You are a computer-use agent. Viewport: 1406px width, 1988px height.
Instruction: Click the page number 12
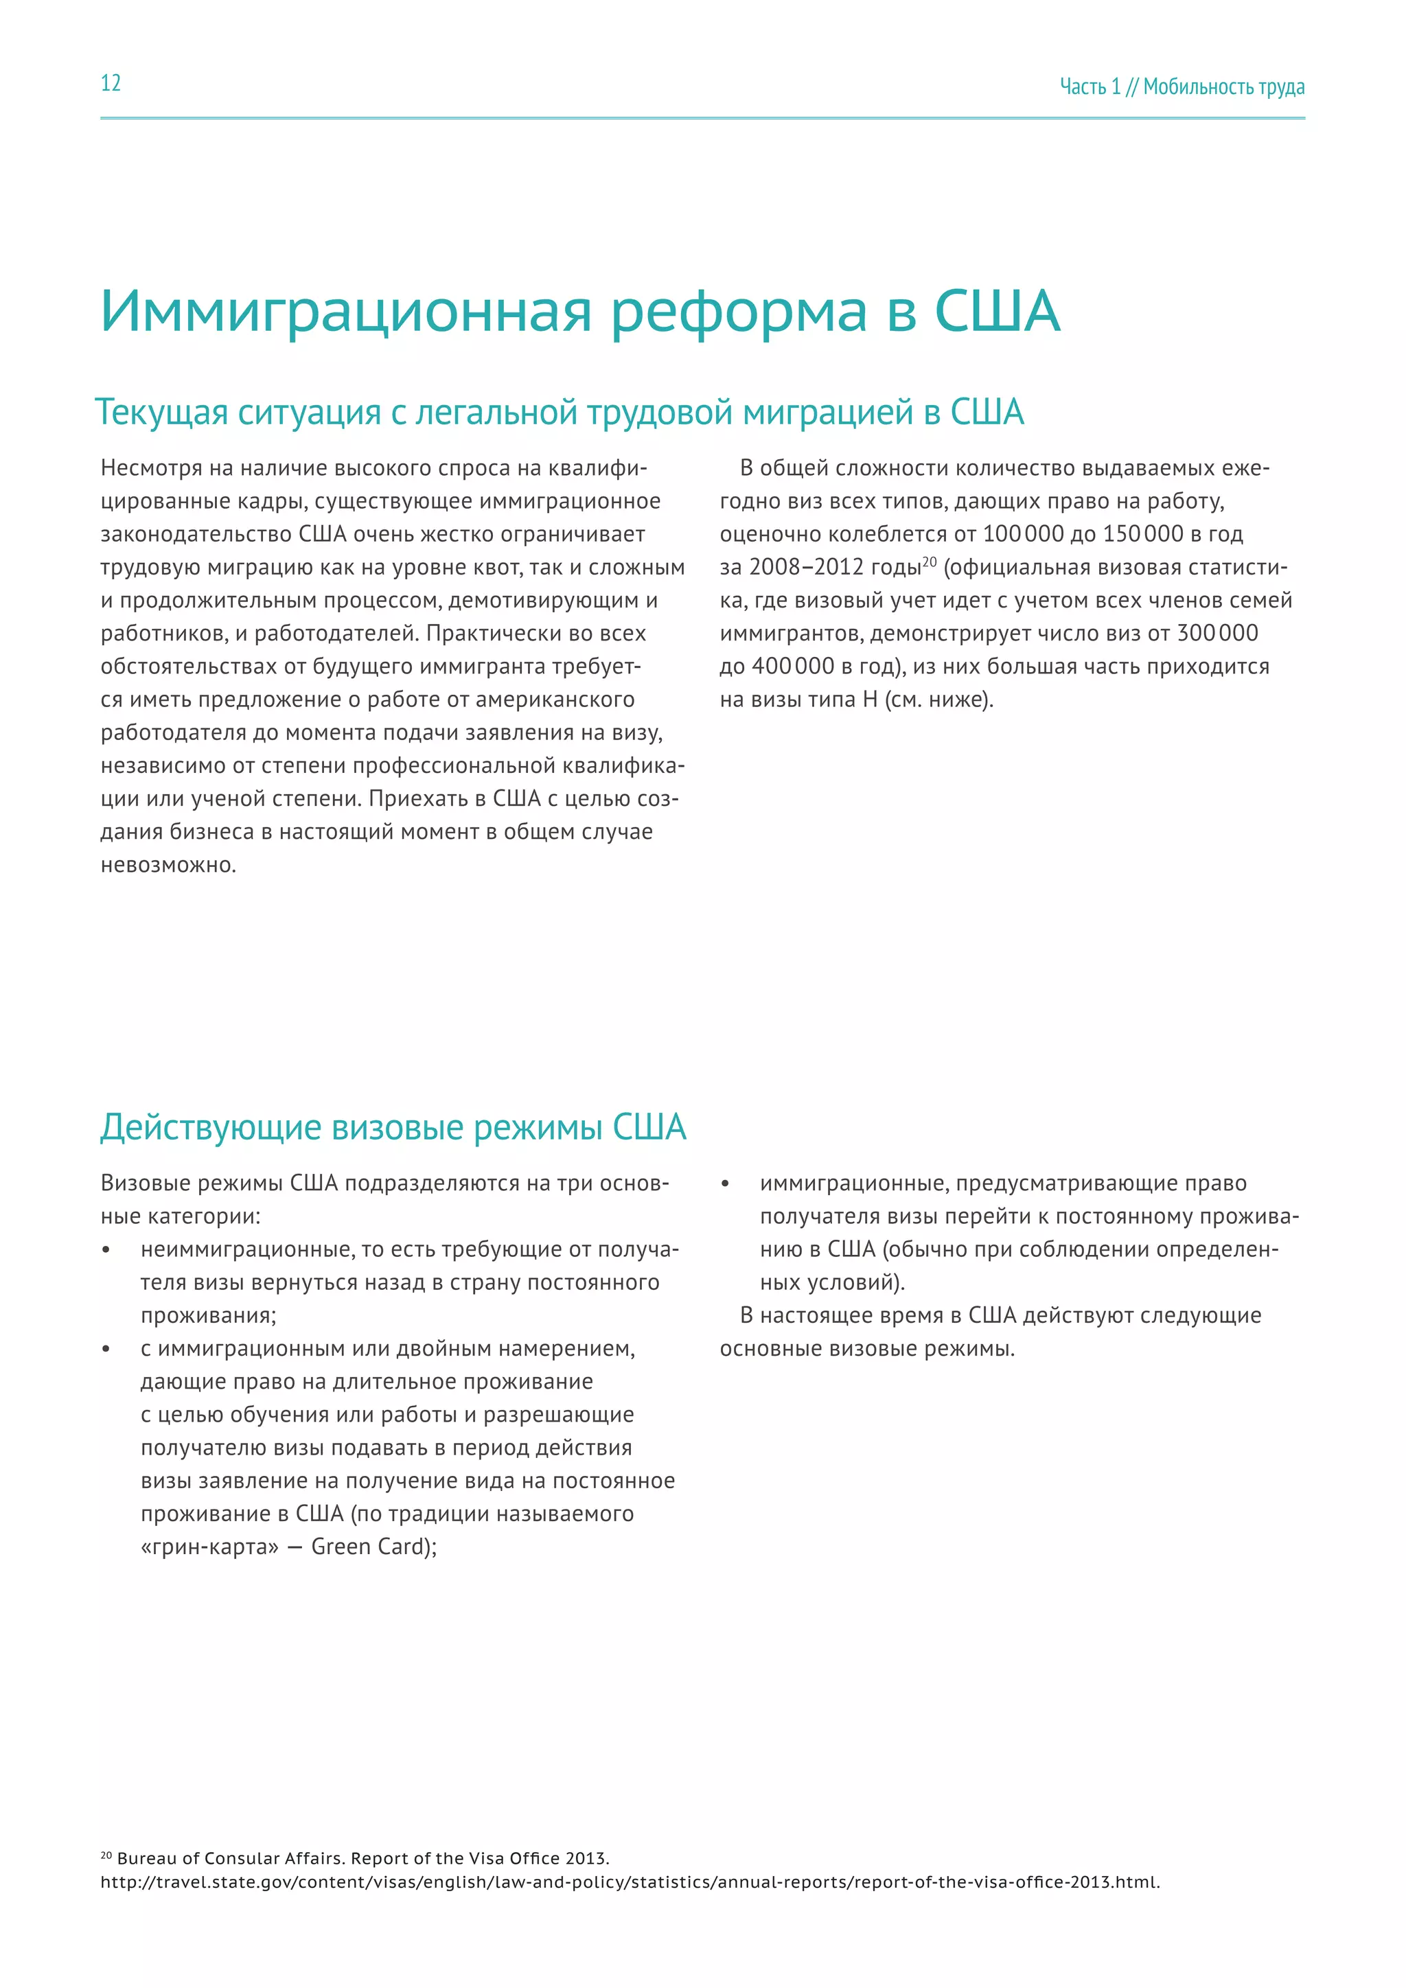click(111, 83)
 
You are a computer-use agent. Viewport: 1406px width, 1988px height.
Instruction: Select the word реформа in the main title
click(739, 312)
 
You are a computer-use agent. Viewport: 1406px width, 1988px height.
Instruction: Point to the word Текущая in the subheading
click(161, 413)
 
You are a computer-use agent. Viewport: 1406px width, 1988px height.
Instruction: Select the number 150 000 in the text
click(1142, 534)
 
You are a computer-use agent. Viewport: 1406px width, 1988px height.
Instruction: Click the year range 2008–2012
click(806, 567)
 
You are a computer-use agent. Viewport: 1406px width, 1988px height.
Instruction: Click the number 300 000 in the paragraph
click(1217, 634)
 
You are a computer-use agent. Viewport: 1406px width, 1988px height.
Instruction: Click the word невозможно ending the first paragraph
click(168, 865)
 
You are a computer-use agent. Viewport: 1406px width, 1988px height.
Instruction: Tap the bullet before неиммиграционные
click(106, 1250)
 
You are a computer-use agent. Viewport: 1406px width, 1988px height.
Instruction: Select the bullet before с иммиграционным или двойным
click(106, 1349)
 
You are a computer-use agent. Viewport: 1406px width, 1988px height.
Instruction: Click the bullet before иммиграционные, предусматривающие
click(726, 1184)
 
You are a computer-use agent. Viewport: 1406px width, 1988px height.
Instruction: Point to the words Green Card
click(371, 1547)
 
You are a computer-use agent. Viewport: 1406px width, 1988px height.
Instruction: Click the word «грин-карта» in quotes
click(209, 1547)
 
